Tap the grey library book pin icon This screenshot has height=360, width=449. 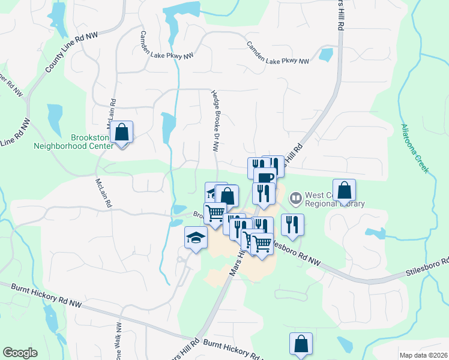coord(295,197)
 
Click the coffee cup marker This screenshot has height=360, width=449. coord(265,177)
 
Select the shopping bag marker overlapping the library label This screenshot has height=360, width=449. coord(345,190)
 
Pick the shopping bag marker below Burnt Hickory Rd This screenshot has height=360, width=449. coord(301,344)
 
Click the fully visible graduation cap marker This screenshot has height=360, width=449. coord(195,238)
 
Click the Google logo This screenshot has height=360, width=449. coord(20,352)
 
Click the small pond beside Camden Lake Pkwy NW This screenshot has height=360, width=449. coord(326,55)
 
